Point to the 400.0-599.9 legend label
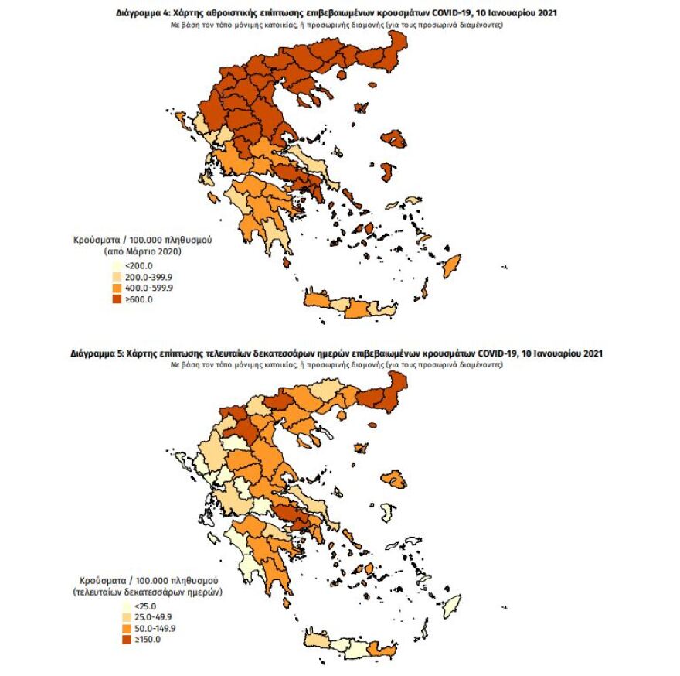click(148, 288)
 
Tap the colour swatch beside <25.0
click(124, 606)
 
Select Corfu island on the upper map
click(183, 121)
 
